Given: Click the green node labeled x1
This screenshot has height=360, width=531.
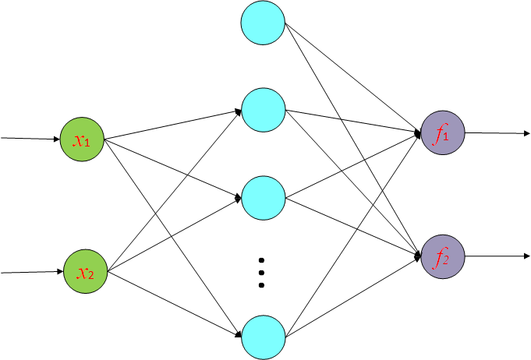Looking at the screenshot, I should (x=82, y=139).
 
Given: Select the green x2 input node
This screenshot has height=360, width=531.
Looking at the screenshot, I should (x=83, y=272).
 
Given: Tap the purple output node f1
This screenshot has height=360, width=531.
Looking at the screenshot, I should (x=442, y=134).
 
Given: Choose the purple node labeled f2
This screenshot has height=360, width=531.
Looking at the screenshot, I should (x=442, y=256).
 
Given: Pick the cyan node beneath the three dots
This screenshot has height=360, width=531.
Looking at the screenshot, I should (x=263, y=336).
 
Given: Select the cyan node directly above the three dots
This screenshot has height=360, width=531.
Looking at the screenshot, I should (x=263, y=198).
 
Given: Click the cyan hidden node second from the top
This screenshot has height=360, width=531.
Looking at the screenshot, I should (x=263, y=110).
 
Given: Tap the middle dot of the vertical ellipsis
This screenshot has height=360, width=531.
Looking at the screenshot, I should (x=262, y=272).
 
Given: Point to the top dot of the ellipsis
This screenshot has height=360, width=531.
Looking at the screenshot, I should (x=262, y=259).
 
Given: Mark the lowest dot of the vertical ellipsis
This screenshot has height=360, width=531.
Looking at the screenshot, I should (x=262, y=285).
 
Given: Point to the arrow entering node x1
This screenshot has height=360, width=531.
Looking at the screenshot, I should (x=31, y=139).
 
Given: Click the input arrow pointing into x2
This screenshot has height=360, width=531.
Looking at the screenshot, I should (x=31, y=272).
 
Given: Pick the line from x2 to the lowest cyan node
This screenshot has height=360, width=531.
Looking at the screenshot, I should (x=172, y=303).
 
